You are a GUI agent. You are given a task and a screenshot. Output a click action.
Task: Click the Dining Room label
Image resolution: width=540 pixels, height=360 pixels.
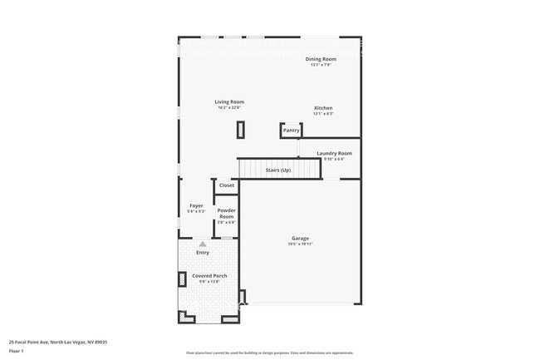[321, 59]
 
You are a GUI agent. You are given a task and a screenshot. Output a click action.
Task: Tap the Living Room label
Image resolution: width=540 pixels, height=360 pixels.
[229, 101]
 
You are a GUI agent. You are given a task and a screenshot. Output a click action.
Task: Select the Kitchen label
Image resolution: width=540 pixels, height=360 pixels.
[323, 108]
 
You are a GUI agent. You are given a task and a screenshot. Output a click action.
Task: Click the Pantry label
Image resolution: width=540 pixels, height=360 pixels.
[291, 130]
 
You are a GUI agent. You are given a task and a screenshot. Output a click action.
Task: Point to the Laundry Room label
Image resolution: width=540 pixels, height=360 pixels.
[334, 153]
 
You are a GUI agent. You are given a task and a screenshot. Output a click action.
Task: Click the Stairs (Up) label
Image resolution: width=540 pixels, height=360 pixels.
[278, 170]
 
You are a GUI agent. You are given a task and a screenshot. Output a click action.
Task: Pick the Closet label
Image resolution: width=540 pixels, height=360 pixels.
[227, 185]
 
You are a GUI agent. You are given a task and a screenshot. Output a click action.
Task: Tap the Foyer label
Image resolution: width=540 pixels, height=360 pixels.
[196, 205]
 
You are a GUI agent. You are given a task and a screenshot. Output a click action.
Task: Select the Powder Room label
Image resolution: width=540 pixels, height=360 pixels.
[227, 214]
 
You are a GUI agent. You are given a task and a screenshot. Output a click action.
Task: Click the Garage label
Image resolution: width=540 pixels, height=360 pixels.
[300, 239]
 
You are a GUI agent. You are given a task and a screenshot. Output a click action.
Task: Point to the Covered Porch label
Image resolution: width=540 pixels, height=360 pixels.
[209, 275]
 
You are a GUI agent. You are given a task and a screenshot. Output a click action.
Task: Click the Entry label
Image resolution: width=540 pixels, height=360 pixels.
[203, 253]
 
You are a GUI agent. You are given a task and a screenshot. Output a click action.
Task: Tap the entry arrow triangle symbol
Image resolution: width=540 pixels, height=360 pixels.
[202, 244]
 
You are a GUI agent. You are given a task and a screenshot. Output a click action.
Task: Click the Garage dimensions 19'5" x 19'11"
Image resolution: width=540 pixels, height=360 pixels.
[300, 244]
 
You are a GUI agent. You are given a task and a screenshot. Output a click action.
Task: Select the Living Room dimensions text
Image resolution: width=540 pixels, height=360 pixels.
[229, 107]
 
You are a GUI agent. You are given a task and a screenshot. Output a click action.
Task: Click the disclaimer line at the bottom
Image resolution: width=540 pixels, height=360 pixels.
[269, 353]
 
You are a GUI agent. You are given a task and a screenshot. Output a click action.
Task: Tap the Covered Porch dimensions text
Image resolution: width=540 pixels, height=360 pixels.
[209, 281]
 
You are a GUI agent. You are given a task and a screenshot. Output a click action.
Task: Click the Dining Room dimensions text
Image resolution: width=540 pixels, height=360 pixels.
[321, 64]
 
